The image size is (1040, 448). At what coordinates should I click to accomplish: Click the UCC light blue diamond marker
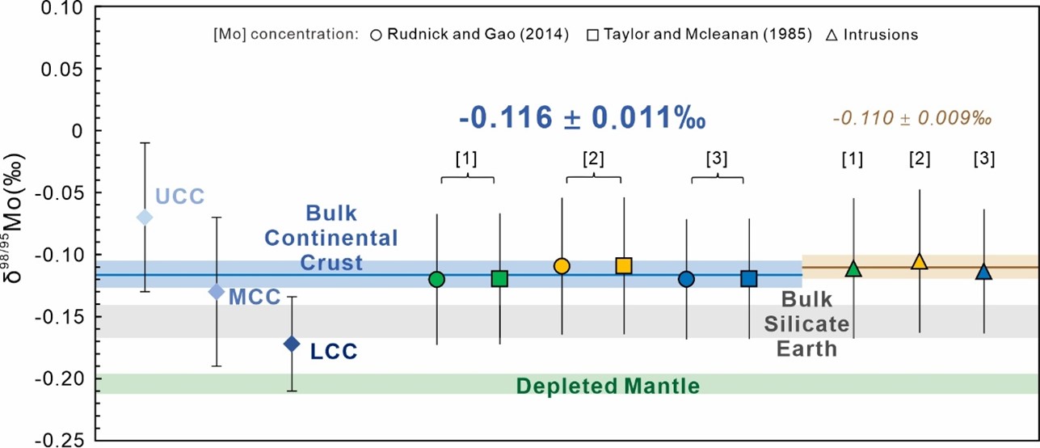point(145,217)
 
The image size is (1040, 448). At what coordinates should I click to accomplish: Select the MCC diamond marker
point(217,291)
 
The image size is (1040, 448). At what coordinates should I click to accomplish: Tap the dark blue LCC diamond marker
point(293,344)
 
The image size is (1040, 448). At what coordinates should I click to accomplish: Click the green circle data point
point(437,279)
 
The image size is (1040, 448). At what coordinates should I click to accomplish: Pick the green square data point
point(499,278)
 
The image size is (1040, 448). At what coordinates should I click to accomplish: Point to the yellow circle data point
point(562,266)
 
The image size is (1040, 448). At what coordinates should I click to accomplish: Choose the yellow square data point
point(624,265)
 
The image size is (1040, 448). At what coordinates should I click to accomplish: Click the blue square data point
point(749,278)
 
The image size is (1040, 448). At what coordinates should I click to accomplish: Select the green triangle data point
point(853,268)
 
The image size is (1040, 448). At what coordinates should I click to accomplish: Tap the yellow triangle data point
point(919,261)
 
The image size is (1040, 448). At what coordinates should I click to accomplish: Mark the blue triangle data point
point(983,272)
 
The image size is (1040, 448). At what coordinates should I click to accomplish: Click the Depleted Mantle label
point(608,386)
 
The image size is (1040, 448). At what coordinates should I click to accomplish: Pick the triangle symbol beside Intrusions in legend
point(832,35)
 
